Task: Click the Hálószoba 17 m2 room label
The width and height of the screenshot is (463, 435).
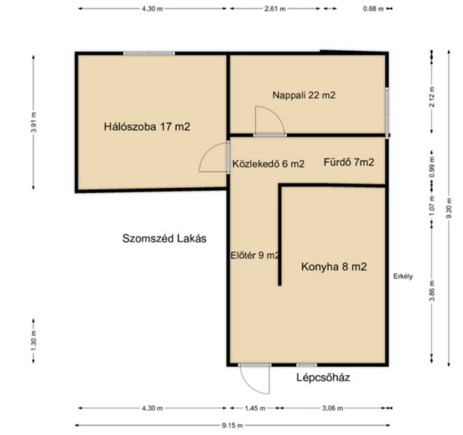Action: click(x=147, y=127)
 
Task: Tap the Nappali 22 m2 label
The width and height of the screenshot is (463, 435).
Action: click(x=304, y=95)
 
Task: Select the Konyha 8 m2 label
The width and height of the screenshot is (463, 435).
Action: click(x=334, y=267)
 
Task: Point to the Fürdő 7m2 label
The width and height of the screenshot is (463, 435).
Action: click(x=349, y=162)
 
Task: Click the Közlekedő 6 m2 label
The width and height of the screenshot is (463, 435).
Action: click(x=268, y=164)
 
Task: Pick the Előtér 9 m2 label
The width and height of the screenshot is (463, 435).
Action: click(x=255, y=255)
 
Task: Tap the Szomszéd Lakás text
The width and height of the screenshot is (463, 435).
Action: click(x=164, y=238)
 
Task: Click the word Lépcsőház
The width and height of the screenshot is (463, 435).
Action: click(x=323, y=378)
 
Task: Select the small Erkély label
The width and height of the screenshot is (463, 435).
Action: click(x=403, y=277)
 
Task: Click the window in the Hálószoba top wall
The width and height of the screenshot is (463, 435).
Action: click(x=149, y=53)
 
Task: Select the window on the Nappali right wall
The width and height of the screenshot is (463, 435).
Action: click(x=387, y=112)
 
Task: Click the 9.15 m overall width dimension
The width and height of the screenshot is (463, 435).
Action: click(x=232, y=425)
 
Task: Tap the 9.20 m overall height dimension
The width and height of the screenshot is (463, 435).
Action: click(x=449, y=208)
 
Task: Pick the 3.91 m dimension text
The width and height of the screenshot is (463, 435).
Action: click(x=34, y=122)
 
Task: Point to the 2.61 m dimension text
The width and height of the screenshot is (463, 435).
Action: click(x=274, y=9)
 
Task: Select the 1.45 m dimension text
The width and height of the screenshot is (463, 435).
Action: click(x=255, y=408)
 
